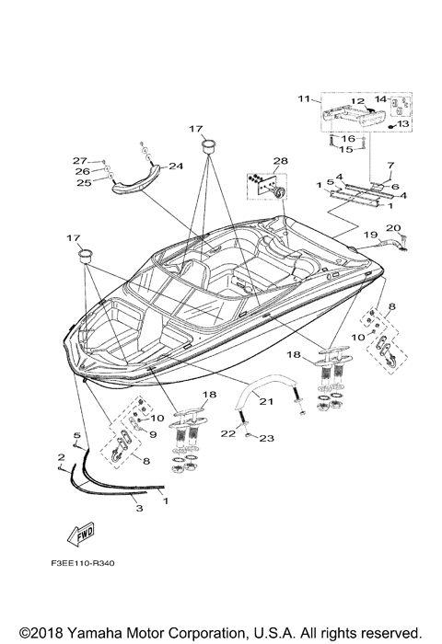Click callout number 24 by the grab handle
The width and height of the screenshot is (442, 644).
click(176, 167)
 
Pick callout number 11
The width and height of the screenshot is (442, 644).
click(305, 96)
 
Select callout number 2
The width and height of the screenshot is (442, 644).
click(61, 457)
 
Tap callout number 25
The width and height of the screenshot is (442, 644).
click(80, 182)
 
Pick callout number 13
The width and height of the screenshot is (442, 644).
click(402, 123)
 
